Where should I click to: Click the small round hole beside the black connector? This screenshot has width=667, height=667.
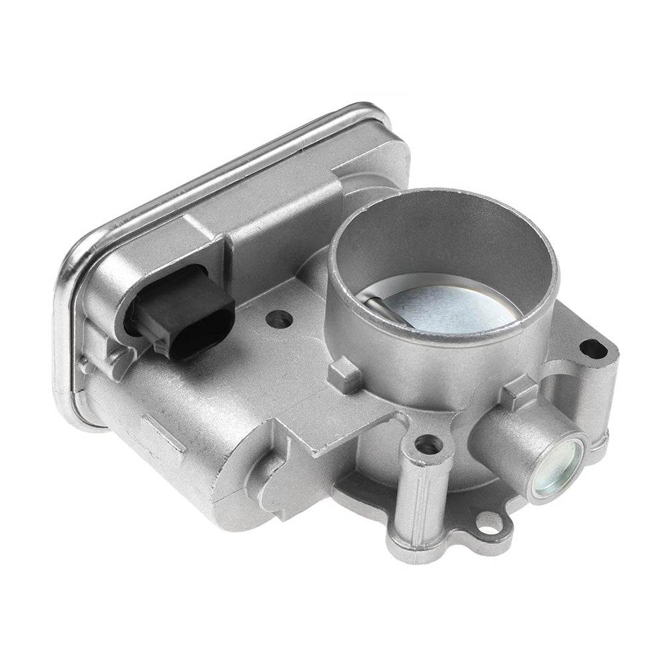[x=278, y=319]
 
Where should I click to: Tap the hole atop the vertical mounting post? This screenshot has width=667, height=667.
[x=428, y=444]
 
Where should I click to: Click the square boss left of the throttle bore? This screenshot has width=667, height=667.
[x=346, y=374]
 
